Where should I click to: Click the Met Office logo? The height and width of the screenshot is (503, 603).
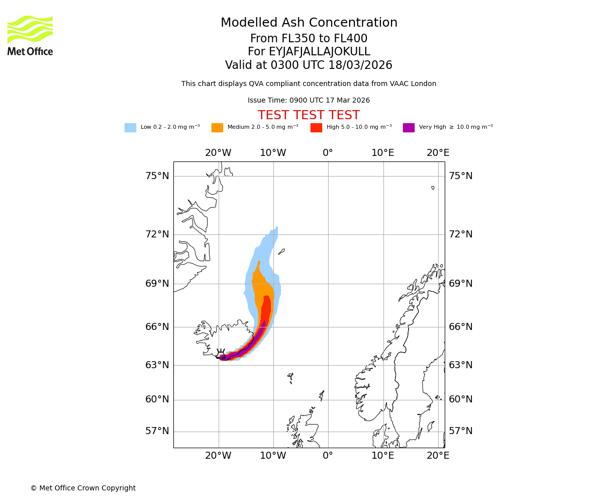30,35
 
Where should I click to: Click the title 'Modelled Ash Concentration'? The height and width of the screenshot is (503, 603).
309,23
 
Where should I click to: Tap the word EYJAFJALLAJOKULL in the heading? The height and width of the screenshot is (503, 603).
309,52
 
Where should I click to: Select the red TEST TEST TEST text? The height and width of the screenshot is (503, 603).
309,115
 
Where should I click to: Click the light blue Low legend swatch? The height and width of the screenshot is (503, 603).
130,127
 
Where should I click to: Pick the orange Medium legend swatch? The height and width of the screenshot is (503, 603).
217,127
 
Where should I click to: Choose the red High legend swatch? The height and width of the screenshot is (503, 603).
316,127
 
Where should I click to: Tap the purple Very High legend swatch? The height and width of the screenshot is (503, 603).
409,127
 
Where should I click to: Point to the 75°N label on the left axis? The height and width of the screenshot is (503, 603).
157,176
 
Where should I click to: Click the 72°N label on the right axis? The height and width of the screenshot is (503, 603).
460,234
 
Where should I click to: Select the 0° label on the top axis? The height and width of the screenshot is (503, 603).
328,153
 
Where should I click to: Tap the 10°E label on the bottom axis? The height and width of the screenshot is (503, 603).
382,456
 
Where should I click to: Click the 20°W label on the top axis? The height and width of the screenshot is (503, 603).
218,153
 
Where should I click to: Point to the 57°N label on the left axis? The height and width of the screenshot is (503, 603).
157,431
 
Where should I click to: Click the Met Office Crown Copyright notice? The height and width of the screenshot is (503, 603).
83,488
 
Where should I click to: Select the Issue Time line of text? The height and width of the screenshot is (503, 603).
309,101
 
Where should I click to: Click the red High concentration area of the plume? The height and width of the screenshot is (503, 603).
266,309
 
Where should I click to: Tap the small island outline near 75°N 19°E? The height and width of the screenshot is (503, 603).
433,188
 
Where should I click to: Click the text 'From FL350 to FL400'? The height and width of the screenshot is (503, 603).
309,39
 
